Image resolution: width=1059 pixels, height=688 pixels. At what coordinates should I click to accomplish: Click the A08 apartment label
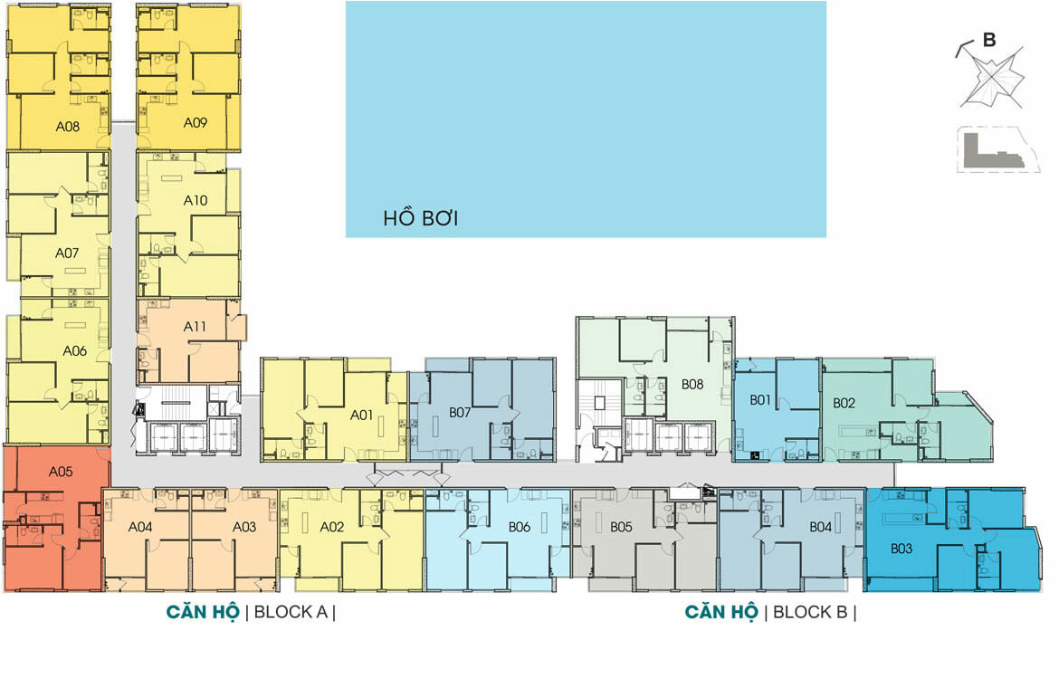coord(68,126)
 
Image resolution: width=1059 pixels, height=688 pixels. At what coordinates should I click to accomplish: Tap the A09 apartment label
coord(196,123)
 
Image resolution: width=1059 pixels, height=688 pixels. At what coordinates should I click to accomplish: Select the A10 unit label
coord(196,201)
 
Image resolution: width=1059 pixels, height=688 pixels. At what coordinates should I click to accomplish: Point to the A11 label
coord(195,327)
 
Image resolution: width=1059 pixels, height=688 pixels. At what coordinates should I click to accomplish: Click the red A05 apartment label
coord(61,472)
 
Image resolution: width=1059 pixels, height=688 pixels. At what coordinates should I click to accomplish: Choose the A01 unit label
coord(361,416)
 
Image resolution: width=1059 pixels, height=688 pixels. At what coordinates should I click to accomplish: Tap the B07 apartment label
coord(460,413)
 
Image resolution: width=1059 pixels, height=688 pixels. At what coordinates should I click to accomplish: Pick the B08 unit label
coord(692,385)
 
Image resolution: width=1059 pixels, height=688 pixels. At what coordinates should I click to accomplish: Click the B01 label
coord(759,400)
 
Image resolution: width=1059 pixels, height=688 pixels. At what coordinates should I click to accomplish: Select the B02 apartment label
coord(844,403)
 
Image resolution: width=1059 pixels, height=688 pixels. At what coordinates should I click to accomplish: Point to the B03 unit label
coord(902,549)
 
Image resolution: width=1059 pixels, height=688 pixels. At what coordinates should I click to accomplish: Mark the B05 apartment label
coord(621,527)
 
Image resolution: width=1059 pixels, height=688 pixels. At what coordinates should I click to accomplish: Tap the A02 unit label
coord(332,527)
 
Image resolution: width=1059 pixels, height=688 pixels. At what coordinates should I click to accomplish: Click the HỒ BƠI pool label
coord(421,218)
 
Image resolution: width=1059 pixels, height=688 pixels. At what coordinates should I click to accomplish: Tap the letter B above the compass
coord(989,40)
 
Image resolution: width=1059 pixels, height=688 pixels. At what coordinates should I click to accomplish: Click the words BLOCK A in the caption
coord(291,612)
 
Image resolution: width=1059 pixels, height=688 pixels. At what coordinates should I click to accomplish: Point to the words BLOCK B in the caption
coord(810,612)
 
